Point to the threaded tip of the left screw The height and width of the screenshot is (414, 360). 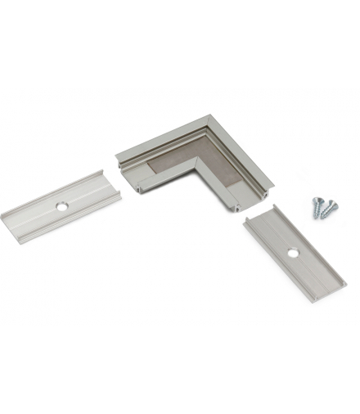coord(315,217)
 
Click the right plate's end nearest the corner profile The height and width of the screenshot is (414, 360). coord(259,214)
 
